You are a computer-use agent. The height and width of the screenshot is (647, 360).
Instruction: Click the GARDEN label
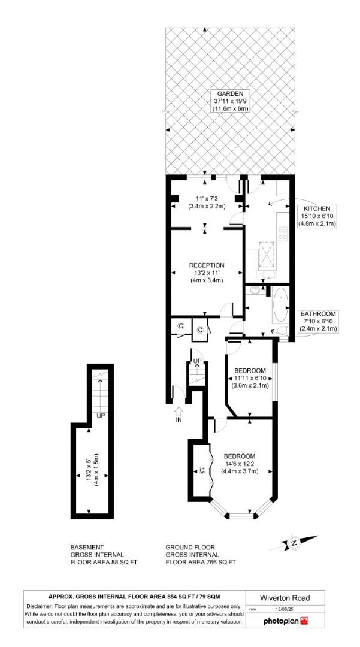[230, 94]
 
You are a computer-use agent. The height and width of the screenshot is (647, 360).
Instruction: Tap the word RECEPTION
[207, 265]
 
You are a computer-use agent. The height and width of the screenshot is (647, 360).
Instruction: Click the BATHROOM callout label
[318, 313]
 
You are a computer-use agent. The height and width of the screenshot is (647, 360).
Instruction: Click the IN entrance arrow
[179, 414]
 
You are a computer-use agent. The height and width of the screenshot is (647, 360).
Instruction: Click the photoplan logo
[285, 621]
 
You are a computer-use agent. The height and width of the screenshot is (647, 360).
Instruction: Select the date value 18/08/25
[281, 609]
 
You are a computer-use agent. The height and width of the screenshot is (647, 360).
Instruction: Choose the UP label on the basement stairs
[101, 415]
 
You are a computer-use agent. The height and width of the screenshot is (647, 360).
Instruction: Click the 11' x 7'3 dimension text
[205, 198]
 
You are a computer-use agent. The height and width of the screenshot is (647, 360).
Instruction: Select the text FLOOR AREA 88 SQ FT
[104, 563]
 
